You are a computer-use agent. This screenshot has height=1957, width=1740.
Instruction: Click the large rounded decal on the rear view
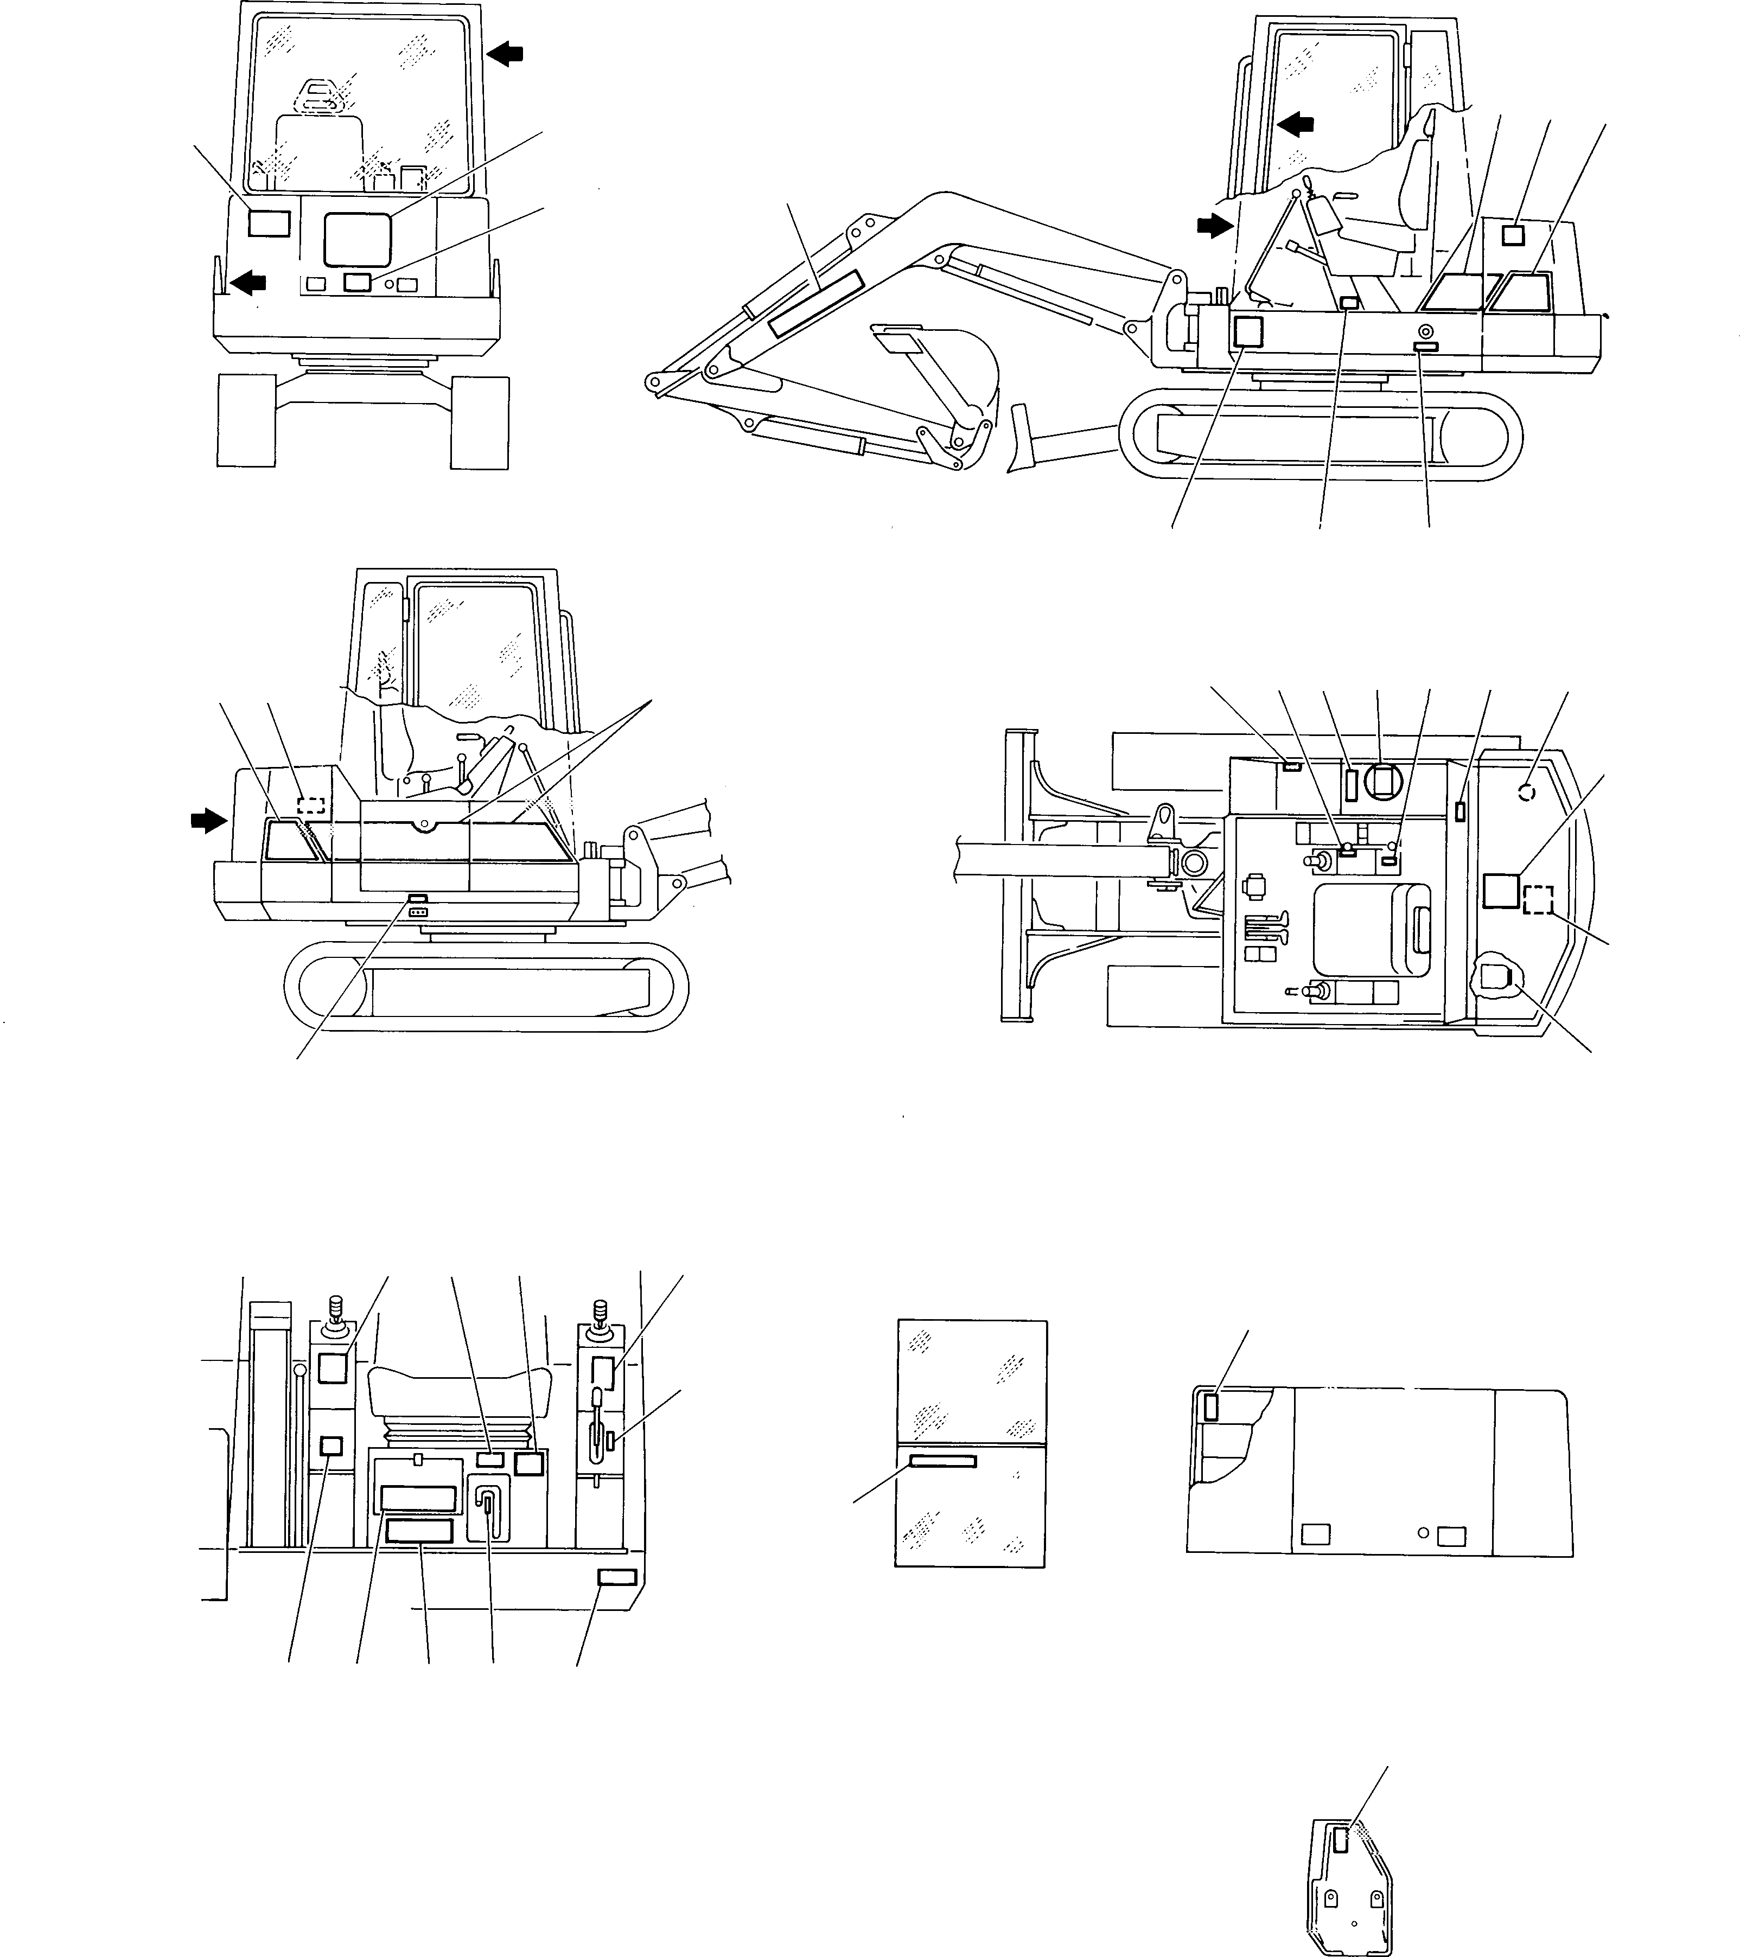click(x=357, y=239)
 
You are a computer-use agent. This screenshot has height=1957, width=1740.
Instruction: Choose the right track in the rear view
click(x=479, y=422)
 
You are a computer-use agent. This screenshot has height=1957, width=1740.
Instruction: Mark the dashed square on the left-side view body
click(x=312, y=804)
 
